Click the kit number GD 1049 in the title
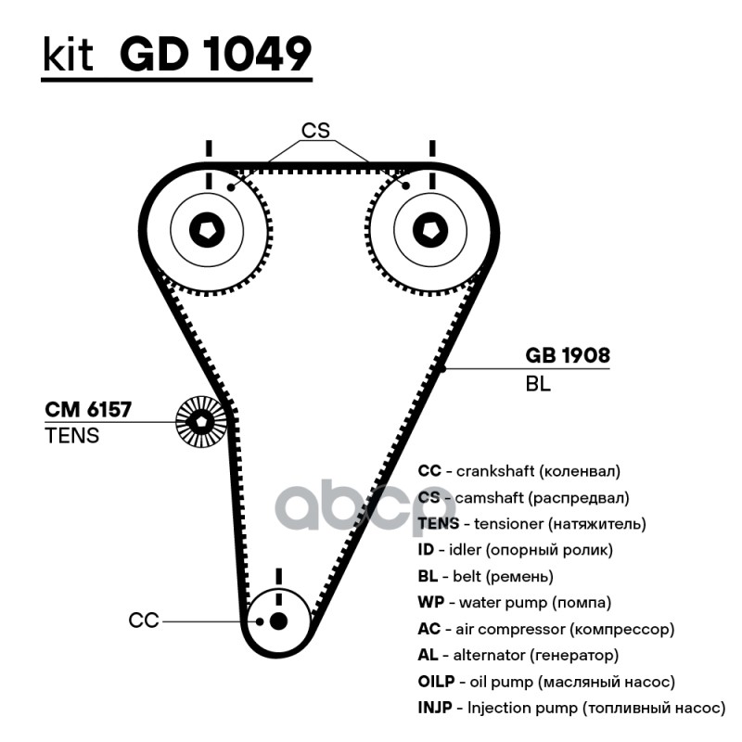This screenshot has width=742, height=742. pos(215,55)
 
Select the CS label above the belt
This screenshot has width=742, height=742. pos(315,131)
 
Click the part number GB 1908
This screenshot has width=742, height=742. pos(568,355)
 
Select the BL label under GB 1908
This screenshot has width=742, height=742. pos(538,383)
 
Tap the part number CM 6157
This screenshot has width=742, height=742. pos(89,409)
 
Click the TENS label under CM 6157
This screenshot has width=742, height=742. pos(71,435)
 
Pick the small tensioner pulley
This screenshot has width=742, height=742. pos(200,423)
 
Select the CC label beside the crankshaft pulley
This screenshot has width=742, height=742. pos(145,620)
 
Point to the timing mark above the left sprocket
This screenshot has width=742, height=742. pos(209,148)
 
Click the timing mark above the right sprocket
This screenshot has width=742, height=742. pos(431,148)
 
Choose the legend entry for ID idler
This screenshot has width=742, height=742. pos(515,550)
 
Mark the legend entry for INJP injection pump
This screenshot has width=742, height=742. pos(569,709)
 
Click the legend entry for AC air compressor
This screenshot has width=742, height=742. pos(545,629)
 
